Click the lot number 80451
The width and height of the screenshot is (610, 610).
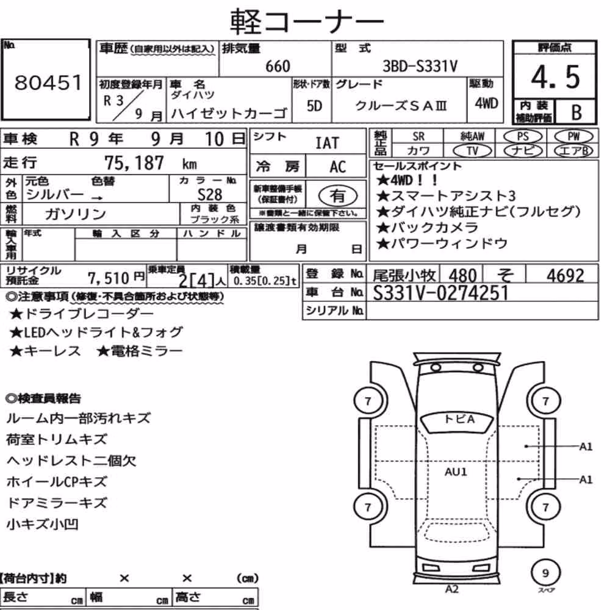point(48,82)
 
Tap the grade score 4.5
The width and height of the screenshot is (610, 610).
point(555,77)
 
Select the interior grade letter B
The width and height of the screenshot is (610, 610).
point(576,112)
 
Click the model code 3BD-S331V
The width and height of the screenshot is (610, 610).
point(420,66)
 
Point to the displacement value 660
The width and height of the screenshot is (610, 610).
point(278,66)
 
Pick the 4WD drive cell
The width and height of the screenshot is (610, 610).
point(486,103)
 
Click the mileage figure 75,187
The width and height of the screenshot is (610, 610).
point(134,163)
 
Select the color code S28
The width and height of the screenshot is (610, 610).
point(210,195)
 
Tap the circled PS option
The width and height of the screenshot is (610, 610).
point(523,137)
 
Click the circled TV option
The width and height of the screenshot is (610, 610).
point(472,151)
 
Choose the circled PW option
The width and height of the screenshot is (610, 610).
point(573,137)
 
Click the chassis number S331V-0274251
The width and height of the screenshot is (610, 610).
point(441,293)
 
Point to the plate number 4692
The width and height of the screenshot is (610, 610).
point(565,276)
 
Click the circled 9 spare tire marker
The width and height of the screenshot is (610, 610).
point(545,573)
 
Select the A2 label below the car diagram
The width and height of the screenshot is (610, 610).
point(451,589)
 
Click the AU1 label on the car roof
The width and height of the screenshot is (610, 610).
point(456,472)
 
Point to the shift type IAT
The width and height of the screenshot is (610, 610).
point(327,143)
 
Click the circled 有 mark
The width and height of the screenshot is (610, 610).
point(338,196)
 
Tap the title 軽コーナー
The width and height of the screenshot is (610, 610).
point(307,21)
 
